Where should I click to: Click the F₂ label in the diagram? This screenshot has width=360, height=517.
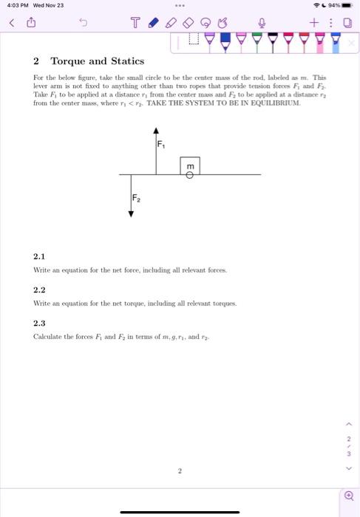point(136,198)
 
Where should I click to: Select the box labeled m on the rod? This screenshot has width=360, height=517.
point(190,165)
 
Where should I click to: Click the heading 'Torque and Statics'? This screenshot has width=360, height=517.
point(97,61)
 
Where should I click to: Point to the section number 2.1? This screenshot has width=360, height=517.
point(39,256)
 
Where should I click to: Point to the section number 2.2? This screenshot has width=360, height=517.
point(39,290)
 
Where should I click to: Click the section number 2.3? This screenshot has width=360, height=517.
point(39,323)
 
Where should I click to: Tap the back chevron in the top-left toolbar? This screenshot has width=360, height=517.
point(11,23)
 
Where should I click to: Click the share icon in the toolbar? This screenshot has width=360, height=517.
point(32,23)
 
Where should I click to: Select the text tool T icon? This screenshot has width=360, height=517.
point(135,23)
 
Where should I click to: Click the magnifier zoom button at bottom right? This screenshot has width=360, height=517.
point(348,495)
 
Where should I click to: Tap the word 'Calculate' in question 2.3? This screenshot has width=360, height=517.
point(47,337)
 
